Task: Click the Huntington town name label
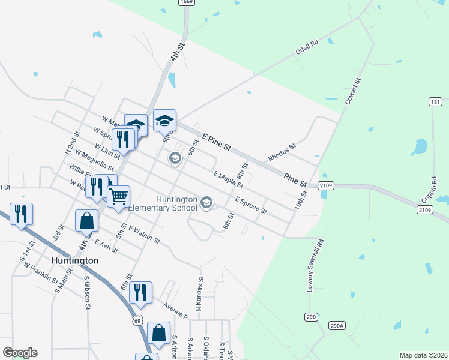(x=74, y=260)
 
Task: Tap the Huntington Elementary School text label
(x=176, y=204)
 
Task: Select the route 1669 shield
(x=186, y=3)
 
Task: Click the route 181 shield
(x=436, y=102)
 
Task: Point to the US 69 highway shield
(x=138, y=320)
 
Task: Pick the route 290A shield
(x=337, y=326)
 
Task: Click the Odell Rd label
(x=306, y=48)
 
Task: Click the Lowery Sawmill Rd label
(x=316, y=266)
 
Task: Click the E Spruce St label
(x=251, y=206)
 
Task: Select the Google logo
(x=20, y=353)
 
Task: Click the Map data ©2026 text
(x=423, y=355)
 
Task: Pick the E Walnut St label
(x=144, y=235)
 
